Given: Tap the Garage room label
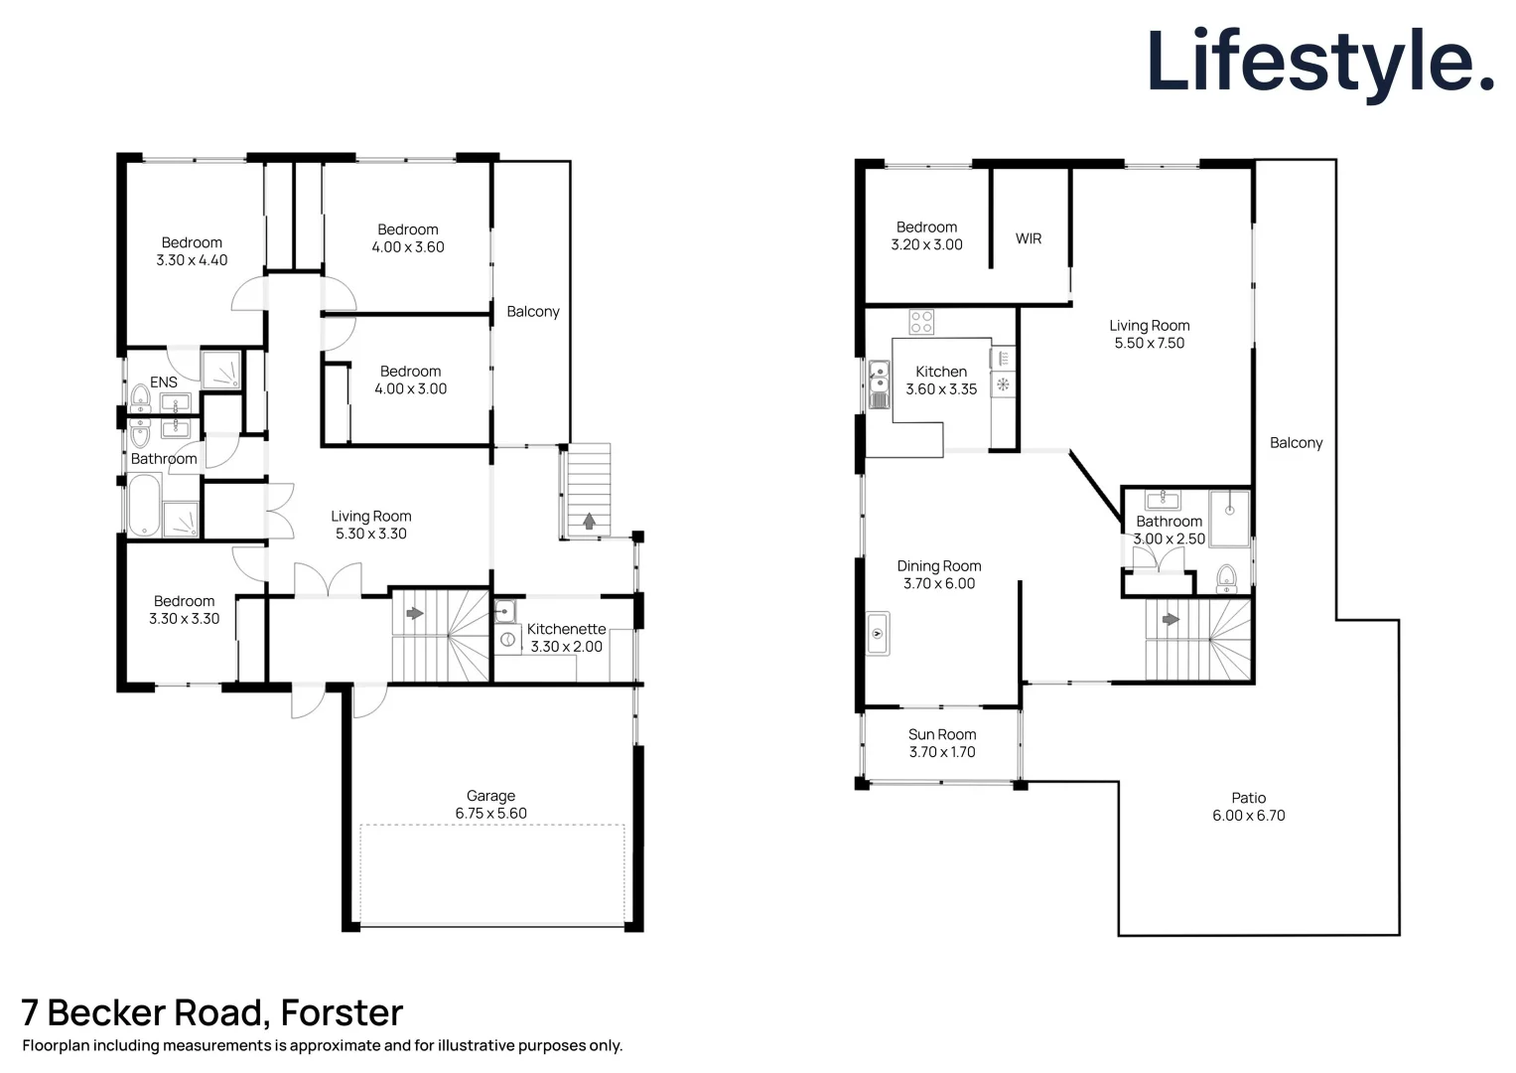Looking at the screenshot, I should (x=490, y=804).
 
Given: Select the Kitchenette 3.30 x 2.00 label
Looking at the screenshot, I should (x=566, y=638).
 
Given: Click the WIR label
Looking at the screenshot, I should (x=1029, y=238).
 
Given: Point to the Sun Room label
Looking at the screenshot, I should (x=942, y=743).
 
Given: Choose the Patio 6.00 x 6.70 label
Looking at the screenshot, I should (x=1248, y=806).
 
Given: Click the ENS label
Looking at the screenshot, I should (x=164, y=383).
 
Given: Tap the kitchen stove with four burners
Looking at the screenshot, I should (x=921, y=322).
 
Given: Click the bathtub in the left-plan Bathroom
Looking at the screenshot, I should (x=144, y=505).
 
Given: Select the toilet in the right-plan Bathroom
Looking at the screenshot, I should (x=1226, y=578).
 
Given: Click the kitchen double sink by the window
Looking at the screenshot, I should (x=879, y=385).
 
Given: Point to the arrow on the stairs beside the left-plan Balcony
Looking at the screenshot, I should (x=589, y=521).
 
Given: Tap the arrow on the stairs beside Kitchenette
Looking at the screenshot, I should (x=415, y=613).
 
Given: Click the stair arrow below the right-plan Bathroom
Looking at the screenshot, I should (x=1171, y=620).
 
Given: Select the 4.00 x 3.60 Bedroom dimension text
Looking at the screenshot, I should (x=408, y=247).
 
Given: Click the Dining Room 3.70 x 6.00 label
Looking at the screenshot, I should (x=939, y=574).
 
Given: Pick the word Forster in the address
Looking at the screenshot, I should (x=342, y=1012).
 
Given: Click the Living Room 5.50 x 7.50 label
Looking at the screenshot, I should (x=1149, y=334).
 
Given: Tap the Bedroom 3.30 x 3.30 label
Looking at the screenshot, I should (x=185, y=610).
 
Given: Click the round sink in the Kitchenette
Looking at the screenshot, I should (x=505, y=640).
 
